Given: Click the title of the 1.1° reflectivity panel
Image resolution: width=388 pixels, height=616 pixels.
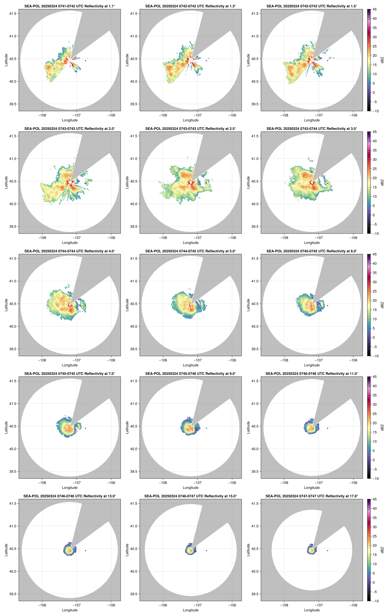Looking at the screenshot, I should [70, 6].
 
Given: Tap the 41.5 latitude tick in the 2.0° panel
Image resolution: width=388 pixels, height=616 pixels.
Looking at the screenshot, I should [13, 136].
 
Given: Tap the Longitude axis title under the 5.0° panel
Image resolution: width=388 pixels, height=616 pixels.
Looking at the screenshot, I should [191, 365].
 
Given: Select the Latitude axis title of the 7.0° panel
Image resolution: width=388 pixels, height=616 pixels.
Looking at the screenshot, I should [6, 427].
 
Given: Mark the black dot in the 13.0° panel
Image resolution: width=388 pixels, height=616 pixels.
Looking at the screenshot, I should [85, 551].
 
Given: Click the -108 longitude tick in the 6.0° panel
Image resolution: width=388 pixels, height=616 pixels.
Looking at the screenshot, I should [284, 360].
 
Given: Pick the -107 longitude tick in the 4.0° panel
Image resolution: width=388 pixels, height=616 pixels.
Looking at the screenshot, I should [77, 360].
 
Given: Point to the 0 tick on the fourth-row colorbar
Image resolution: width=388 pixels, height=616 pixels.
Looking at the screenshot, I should [373, 460].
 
